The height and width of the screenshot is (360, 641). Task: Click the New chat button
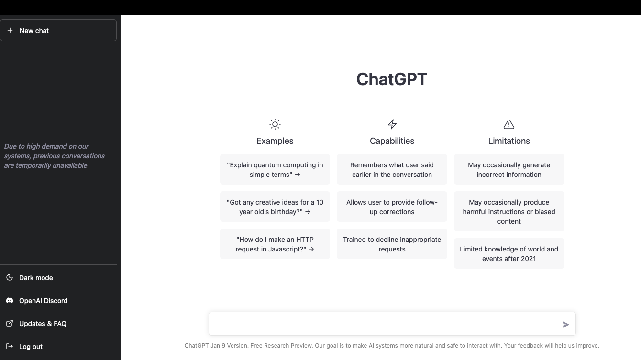pyautogui.click(x=58, y=30)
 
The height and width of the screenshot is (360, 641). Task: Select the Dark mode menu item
pyautogui.click(x=36, y=278)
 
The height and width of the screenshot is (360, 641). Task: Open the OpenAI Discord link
pyautogui.click(x=43, y=301)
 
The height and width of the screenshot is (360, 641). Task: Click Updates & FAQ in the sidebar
pyautogui.click(x=43, y=324)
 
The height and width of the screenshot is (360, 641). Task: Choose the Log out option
pyautogui.click(x=31, y=347)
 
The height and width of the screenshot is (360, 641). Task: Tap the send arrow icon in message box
pyautogui.click(x=565, y=325)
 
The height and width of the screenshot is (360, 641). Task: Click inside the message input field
pyautogui.click(x=383, y=324)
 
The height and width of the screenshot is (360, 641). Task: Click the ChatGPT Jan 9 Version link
pyautogui.click(x=216, y=346)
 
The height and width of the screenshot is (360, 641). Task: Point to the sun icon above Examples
pyautogui.click(x=275, y=124)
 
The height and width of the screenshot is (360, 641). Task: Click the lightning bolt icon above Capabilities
pyautogui.click(x=392, y=124)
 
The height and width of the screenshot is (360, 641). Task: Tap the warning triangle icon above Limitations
pyautogui.click(x=509, y=124)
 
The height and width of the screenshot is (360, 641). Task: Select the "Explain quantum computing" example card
pyautogui.click(x=275, y=169)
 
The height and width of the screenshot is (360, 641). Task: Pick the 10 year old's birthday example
pyautogui.click(x=275, y=207)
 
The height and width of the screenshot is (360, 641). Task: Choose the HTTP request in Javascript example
pyautogui.click(x=275, y=244)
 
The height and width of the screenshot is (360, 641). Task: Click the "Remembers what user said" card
pyautogui.click(x=392, y=169)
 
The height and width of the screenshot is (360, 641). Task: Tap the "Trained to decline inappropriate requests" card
pyautogui.click(x=392, y=244)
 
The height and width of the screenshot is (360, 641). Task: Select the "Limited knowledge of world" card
pyautogui.click(x=509, y=253)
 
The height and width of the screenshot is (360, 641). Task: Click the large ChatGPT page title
pyautogui.click(x=391, y=79)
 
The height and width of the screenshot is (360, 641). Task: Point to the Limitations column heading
pyautogui.click(x=509, y=141)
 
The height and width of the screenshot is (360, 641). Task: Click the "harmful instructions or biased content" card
pyautogui.click(x=509, y=211)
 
